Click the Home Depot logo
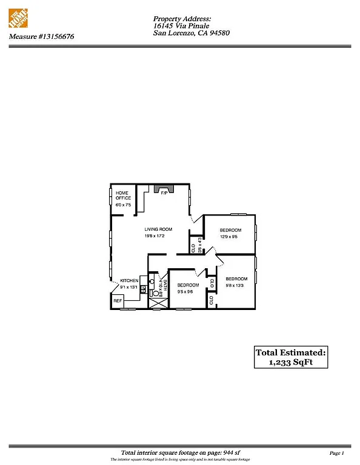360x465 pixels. click(x=20, y=19)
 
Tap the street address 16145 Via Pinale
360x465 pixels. click(x=182, y=26)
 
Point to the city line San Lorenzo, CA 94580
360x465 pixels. click(x=192, y=33)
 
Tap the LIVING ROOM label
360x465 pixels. click(x=158, y=229)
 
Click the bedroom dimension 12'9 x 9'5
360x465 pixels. click(x=230, y=237)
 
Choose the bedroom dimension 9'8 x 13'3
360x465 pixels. click(x=236, y=285)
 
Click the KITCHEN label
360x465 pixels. click(x=130, y=280)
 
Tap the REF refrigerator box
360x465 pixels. click(x=118, y=300)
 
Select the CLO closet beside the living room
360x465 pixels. click(x=193, y=248)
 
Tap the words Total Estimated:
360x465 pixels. click(x=290, y=352)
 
